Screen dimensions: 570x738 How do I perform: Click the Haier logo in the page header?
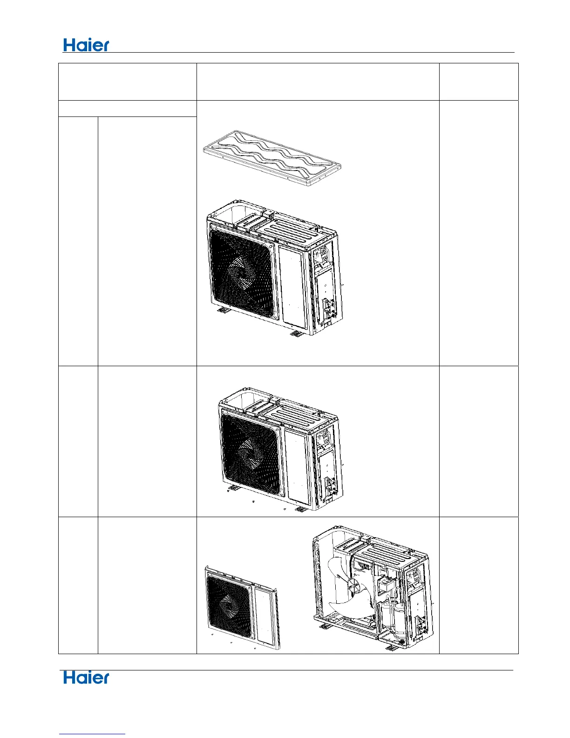pyautogui.click(x=86, y=45)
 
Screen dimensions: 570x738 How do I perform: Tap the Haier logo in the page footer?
pyautogui.click(x=86, y=678)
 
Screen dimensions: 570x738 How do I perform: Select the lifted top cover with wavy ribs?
pyautogui.click(x=272, y=158)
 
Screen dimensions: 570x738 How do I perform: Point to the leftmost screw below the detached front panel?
pyautogui.click(x=211, y=635)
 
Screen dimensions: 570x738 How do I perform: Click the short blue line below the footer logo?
pyautogui.click(x=92, y=734)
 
